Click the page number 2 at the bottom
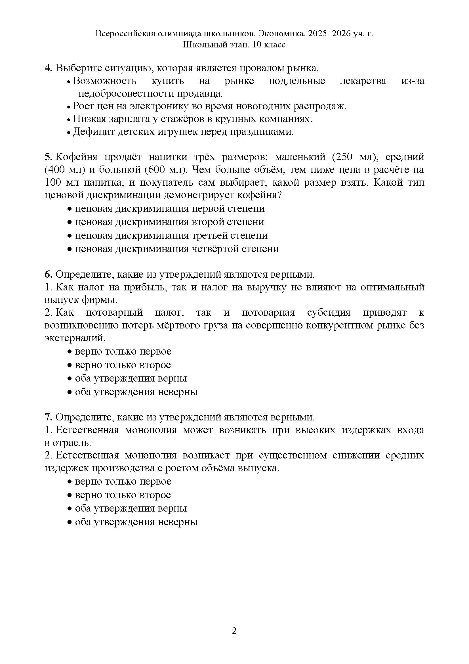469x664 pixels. point(234,631)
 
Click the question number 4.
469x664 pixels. point(48,68)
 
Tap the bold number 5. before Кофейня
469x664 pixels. point(48,157)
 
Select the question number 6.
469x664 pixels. point(48,274)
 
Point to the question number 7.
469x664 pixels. point(48,417)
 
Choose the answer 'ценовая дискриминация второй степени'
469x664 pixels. point(170,222)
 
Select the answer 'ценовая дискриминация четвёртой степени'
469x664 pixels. point(177,249)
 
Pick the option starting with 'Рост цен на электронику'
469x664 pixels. point(209,106)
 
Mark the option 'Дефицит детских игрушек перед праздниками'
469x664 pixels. point(183,132)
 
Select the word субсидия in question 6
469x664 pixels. point(329,313)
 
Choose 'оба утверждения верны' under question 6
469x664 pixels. point(131,379)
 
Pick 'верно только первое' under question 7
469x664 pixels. point(123,481)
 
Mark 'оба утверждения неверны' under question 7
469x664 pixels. point(136,522)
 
